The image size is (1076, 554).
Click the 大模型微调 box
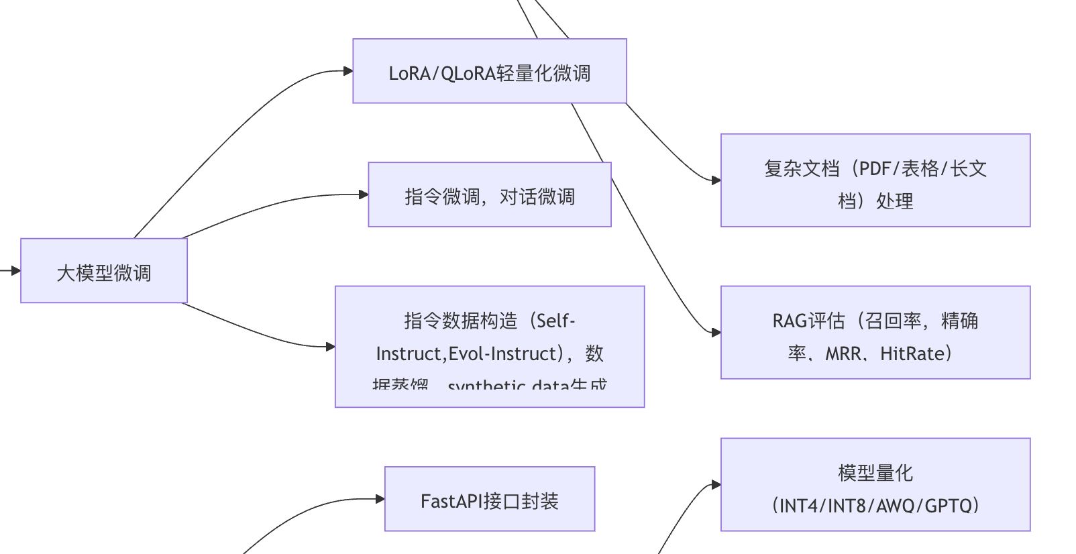pyautogui.click(x=104, y=271)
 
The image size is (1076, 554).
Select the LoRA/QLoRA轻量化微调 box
pyautogui.click(x=490, y=72)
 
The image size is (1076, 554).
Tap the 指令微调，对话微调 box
pyautogui.click(x=490, y=195)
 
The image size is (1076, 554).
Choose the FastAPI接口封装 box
pyautogui.click(x=490, y=500)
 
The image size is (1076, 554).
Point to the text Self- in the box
pyautogui.click(x=556, y=321)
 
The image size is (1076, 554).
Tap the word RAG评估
pyautogui.click(x=808, y=321)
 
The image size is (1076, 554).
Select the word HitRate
pyautogui.click(x=912, y=353)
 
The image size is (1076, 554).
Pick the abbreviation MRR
pyautogui.click(x=843, y=353)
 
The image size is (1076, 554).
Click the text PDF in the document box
pyautogui.click(x=875, y=168)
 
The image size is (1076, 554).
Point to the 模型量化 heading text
pyautogui.click(x=875, y=473)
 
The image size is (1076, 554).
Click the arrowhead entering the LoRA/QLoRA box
pyautogui.click(x=348, y=71)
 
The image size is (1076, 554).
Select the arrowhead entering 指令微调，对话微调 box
pyautogui.click(x=364, y=195)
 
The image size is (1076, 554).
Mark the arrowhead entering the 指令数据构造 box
pyautogui.click(x=330, y=347)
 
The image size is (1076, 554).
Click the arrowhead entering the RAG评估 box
pyautogui.click(x=716, y=332)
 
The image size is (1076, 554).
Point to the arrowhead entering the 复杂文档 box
pyautogui.click(x=716, y=180)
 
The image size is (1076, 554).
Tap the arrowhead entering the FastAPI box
pyautogui.click(x=380, y=499)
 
